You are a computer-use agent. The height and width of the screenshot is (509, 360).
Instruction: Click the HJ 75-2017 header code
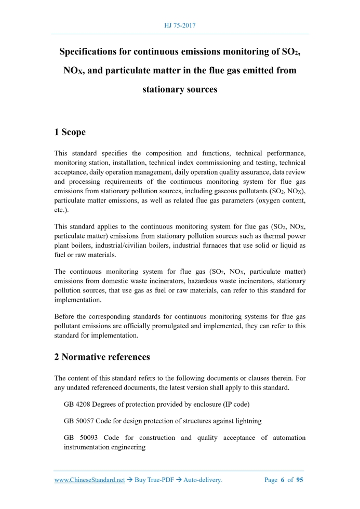[x=180, y=25]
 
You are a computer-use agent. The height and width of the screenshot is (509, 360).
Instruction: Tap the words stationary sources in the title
[x=180, y=89]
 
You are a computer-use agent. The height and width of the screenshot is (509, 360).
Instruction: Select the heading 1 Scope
[x=70, y=132]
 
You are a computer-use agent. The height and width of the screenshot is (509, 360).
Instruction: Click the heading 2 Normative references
[x=102, y=357]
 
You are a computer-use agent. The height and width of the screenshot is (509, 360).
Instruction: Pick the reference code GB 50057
[x=78, y=421]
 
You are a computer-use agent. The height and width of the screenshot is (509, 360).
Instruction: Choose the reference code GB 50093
[x=78, y=438]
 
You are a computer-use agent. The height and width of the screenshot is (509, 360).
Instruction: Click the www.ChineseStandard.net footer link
[x=89, y=480]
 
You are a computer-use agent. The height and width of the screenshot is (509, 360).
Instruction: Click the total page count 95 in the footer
[x=299, y=480]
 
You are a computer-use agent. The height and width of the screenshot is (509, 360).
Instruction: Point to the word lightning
[x=247, y=421]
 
